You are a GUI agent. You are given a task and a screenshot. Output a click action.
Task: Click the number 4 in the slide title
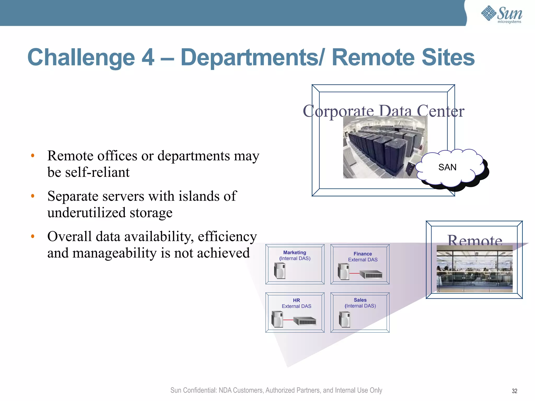(148, 57)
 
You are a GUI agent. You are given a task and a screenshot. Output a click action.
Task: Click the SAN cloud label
(447, 167)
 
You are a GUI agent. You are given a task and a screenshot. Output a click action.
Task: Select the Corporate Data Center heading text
(383, 111)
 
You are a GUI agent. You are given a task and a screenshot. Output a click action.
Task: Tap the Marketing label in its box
(294, 252)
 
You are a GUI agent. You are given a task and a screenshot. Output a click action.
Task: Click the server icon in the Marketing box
(280, 271)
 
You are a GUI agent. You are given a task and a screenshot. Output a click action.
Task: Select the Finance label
(363, 254)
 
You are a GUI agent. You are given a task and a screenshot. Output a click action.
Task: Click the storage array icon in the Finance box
(371, 275)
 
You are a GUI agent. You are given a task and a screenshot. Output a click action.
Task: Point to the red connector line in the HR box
(288, 320)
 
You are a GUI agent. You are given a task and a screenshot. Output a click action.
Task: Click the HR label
(296, 300)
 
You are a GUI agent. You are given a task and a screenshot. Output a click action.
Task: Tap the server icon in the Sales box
(344, 319)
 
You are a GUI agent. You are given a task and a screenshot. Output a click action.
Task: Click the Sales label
(360, 300)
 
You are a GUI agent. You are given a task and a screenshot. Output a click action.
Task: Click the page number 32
(514, 391)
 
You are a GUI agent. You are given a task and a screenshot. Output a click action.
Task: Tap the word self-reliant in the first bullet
(97, 172)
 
